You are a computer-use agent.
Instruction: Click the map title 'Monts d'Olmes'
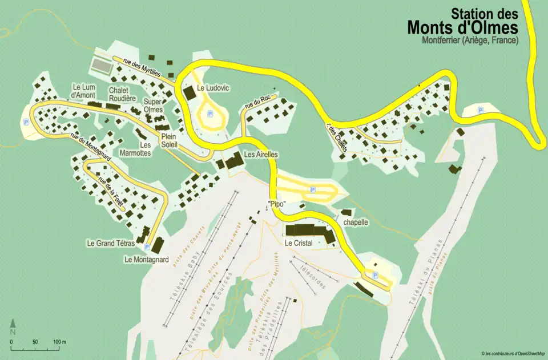462,27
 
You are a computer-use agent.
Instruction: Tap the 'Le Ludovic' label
213,88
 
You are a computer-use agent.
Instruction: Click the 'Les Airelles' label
261,155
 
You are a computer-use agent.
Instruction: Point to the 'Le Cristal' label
300,242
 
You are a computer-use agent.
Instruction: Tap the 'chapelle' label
355,222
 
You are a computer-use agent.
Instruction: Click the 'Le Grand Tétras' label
111,244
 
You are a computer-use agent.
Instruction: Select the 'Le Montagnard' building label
147,260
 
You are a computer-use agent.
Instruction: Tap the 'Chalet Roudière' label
122,94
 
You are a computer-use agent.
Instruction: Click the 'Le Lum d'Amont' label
84,91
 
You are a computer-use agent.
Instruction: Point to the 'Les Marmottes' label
135,149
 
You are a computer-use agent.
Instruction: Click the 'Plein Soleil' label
170,141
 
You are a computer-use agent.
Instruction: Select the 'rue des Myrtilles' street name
137,66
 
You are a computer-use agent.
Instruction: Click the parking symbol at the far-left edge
26,122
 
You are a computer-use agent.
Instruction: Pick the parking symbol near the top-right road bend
479,110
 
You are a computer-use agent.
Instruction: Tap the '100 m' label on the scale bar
59,342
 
